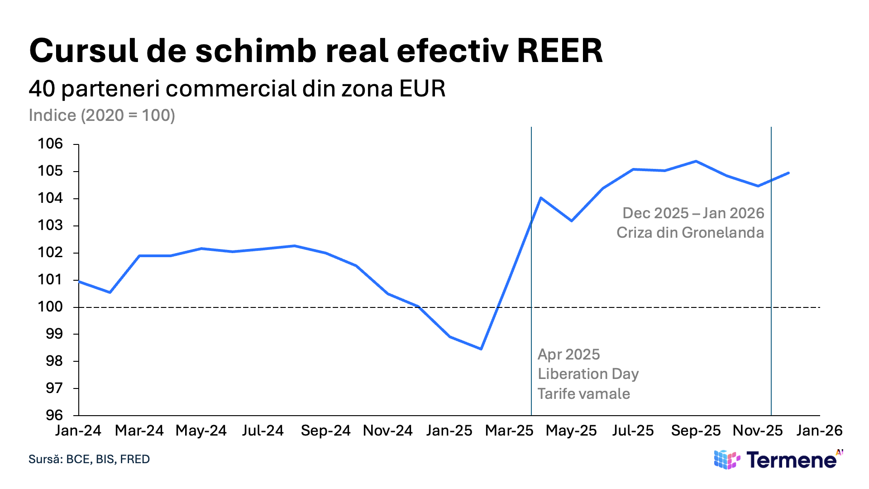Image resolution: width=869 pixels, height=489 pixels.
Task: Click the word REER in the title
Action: pos(559,51)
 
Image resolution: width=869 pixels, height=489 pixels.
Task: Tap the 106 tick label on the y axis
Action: pos(50,144)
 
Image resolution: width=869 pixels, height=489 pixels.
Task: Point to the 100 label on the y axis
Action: pos(50,307)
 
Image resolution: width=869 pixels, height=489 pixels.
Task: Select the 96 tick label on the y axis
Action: pos(54,415)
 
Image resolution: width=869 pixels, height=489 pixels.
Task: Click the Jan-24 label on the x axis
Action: pos(78,431)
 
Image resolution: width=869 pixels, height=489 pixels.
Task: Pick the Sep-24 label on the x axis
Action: pos(325,431)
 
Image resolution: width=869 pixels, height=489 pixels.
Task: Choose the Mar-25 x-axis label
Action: pos(509,431)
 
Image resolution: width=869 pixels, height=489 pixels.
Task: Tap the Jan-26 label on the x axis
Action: pos(819,431)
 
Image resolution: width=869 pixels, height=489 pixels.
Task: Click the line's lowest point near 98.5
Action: pos(481,349)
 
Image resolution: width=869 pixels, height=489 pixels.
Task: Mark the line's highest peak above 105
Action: pos(696,161)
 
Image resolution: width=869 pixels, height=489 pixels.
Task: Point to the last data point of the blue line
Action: pos(789,173)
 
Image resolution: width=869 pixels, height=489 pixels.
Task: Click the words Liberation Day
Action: pos(588,374)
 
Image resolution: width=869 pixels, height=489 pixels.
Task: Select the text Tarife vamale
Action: pos(583,394)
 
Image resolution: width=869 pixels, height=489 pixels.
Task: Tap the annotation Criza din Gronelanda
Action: pos(690,233)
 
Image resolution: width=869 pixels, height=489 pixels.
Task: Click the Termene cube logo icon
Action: pos(727,460)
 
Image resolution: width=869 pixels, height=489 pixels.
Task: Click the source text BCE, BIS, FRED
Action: pos(108,459)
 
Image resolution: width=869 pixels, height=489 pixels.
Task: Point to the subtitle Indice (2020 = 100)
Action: pos(102,115)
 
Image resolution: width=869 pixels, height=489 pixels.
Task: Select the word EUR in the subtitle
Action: pos(422,89)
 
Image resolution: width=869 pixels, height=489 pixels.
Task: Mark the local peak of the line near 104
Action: pos(541,198)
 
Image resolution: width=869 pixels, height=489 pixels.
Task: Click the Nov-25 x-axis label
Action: pos(758,431)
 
